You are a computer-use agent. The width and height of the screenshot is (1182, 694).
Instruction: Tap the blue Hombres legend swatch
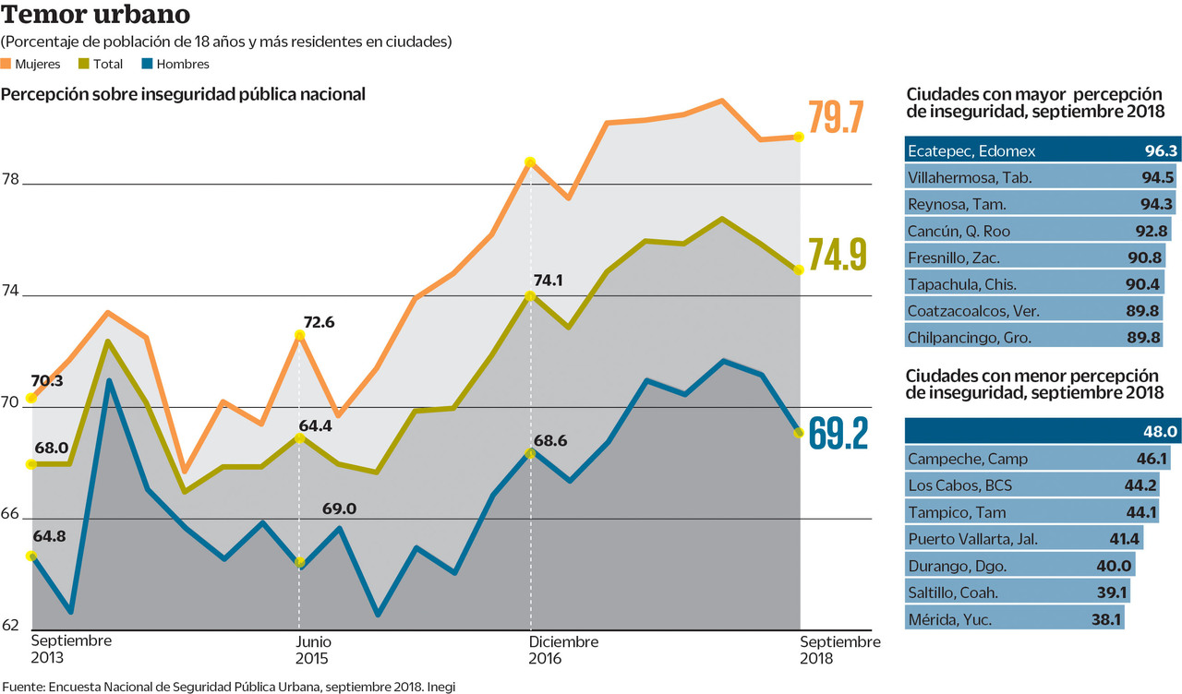click(147, 64)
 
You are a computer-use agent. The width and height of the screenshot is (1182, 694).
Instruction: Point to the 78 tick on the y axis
click(10, 180)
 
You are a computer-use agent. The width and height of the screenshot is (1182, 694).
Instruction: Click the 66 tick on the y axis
click(10, 514)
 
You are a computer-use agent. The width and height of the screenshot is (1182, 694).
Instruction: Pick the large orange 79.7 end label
click(836, 118)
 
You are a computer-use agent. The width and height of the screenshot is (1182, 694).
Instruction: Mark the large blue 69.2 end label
click(838, 433)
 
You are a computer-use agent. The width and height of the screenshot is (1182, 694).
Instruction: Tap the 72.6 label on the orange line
click(319, 322)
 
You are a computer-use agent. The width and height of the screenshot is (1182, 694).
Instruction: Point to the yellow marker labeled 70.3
click(30, 398)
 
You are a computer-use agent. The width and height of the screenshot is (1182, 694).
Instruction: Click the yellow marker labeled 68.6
click(530, 453)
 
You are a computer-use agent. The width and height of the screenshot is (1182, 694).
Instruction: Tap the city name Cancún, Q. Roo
click(959, 230)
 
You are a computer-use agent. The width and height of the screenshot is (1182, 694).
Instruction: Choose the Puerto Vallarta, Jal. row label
click(974, 539)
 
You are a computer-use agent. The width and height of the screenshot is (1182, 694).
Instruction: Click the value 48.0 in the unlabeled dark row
click(1160, 431)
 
